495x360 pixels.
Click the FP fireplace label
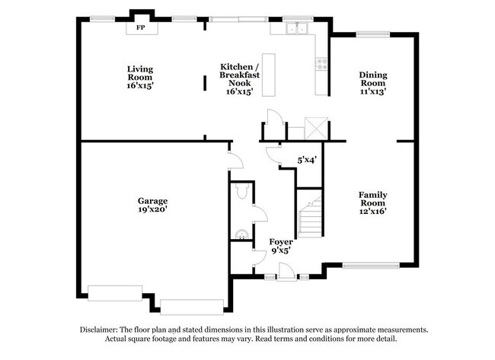pos(140,28)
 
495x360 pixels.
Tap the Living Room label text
pos(140,77)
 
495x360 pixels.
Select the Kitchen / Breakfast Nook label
pos(238,78)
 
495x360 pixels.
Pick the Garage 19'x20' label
pos(153,204)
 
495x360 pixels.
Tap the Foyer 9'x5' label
pos(281,246)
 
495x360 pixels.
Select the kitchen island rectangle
pos(267,75)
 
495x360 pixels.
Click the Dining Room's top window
pos(373,33)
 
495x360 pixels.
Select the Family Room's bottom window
pos(370,266)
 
